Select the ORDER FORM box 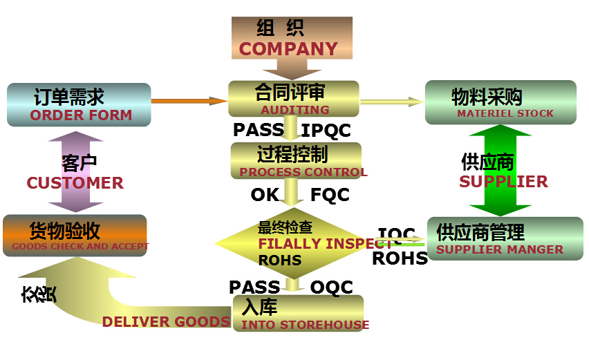(79, 104)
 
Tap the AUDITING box (294, 99)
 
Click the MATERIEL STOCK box (500, 102)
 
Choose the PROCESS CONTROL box (296, 160)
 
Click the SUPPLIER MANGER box (505, 238)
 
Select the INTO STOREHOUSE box (299, 314)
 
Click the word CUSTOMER (75, 183)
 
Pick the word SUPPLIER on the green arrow (503, 182)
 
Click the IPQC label (326, 130)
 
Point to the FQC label (330, 196)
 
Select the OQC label (332, 287)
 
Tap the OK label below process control (264, 196)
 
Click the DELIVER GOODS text (166, 321)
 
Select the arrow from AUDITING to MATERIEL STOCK (391, 102)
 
